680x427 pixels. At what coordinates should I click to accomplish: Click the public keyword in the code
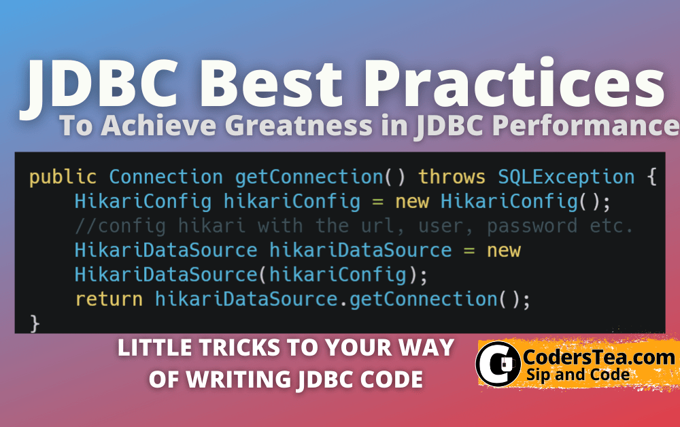tap(63, 178)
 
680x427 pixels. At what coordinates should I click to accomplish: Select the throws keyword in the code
tap(452, 178)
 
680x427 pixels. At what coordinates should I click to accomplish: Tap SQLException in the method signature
tap(566, 178)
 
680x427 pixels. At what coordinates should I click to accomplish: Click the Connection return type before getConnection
tap(166, 178)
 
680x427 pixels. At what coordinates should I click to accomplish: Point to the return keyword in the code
tap(109, 299)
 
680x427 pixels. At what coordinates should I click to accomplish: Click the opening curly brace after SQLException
tap(651, 178)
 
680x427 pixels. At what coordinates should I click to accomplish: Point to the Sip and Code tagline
tap(577, 374)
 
